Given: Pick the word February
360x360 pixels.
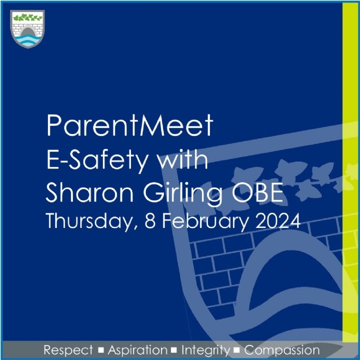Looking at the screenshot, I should click(x=202, y=221).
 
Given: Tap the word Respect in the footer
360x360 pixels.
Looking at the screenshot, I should click(x=68, y=349).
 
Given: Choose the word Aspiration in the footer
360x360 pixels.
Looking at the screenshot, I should click(x=138, y=350).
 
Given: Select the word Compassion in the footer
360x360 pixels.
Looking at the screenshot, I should click(x=282, y=350).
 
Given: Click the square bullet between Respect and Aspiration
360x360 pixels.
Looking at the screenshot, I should click(x=101, y=350).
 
